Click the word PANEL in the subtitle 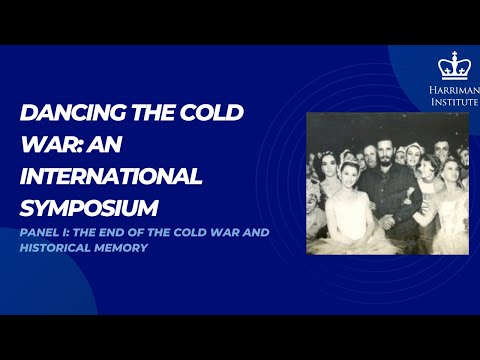pyautogui.click(x=40, y=232)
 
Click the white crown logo pyautogui.click(x=454, y=66)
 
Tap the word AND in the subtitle pyautogui.click(x=261, y=232)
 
